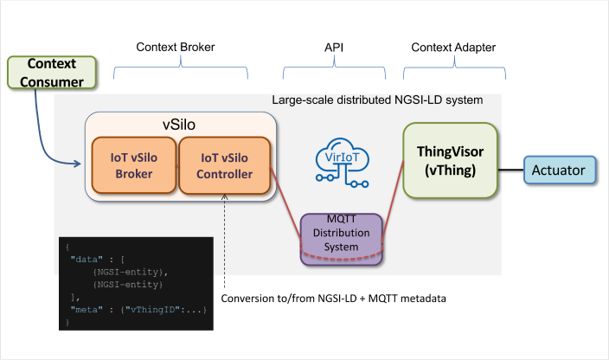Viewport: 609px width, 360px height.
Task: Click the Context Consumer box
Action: (52, 73)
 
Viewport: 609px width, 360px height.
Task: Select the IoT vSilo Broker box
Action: (134, 165)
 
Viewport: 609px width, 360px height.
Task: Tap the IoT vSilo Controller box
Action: (225, 165)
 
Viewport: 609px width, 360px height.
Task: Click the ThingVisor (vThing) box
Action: (450, 160)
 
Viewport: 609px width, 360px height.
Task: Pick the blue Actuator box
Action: (560, 170)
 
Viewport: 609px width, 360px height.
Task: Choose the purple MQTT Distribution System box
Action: (342, 239)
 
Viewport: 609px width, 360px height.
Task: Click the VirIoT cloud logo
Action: (343, 163)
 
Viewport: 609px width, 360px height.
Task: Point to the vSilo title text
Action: (179, 125)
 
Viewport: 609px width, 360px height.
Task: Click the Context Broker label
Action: (175, 47)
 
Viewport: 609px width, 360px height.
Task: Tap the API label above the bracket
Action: (334, 48)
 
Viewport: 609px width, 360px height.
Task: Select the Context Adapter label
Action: (453, 48)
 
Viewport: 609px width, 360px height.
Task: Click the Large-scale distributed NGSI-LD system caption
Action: (377, 100)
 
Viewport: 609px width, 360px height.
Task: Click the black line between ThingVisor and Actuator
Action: (510, 170)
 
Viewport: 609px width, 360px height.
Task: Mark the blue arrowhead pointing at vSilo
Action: (77, 164)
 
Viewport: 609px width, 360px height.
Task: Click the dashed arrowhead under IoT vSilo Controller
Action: (225, 197)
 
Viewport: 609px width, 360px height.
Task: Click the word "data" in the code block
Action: (87, 259)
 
